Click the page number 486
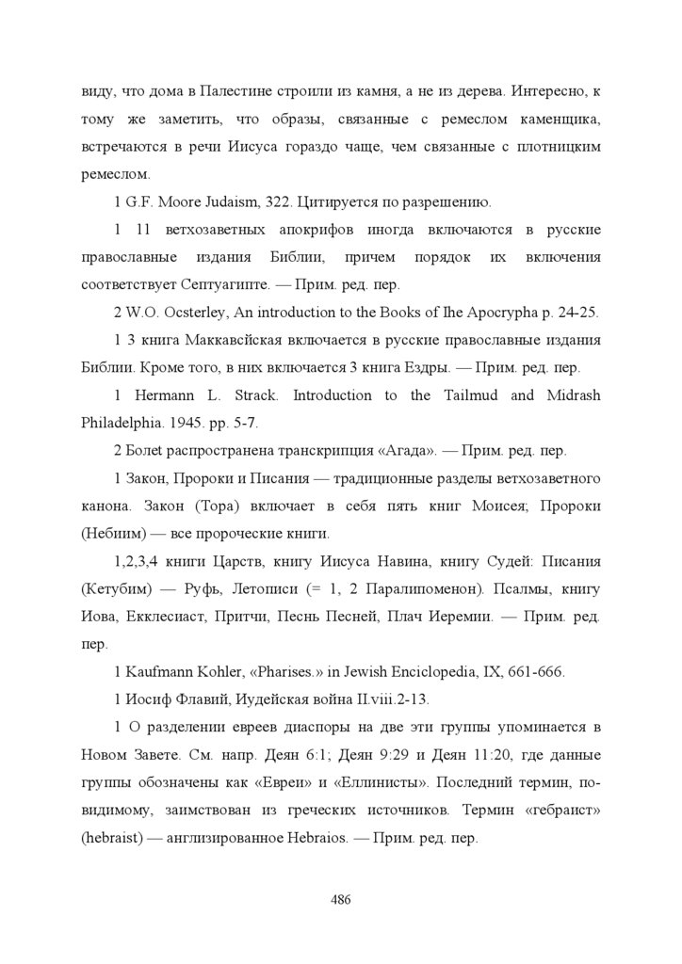click(x=341, y=899)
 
